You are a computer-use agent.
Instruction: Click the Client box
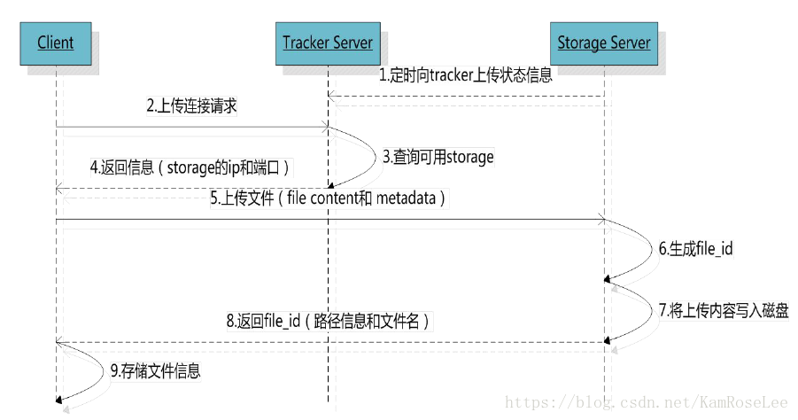pyautogui.click(x=55, y=43)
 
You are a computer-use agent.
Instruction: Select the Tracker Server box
pyautogui.click(x=328, y=43)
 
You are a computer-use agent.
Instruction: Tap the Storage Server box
pyautogui.click(x=604, y=43)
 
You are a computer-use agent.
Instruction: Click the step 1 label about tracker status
pyautogui.click(x=466, y=75)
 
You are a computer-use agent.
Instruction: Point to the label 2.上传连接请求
pyautogui.click(x=191, y=106)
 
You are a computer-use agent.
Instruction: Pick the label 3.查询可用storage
pyautogui.click(x=438, y=157)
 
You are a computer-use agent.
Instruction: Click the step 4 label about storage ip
pyautogui.click(x=190, y=166)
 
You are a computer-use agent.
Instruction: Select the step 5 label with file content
pyautogui.click(x=327, y=198)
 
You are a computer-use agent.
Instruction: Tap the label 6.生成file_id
pyautogui.click(x=694, y=249)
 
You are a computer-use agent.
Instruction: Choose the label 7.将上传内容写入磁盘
pyautogui.click(x=723, y=310)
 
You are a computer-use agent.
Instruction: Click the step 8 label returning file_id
pyautogui.click(x=327, y=321)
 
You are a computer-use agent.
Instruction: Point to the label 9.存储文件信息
pyautogui.click(x=155, y=371)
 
